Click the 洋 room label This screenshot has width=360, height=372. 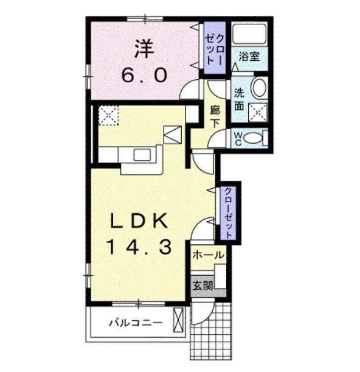coord(144,49)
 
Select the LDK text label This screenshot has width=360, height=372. coord(139,221)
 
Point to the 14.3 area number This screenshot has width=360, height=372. coord(140,247)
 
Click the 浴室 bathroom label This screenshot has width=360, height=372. coord(249,57)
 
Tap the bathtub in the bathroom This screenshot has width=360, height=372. coord(249,34)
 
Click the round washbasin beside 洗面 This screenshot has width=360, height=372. coord(259,87)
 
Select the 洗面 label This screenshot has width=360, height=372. coord(239,99)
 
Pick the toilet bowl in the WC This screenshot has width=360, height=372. coord(253,138)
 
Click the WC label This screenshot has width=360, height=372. coord(238,139)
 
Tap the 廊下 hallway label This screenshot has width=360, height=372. coord(215,117)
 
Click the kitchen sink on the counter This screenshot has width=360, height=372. coord(142,155)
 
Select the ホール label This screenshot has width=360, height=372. coord(208,255)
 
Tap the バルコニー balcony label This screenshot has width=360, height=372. coord(136,323)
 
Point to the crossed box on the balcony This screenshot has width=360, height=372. coord(178,320)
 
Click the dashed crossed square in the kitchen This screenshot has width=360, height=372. coord(108,115)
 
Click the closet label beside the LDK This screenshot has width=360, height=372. coord(228,213)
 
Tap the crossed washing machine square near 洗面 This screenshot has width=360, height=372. coord(258,113)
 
